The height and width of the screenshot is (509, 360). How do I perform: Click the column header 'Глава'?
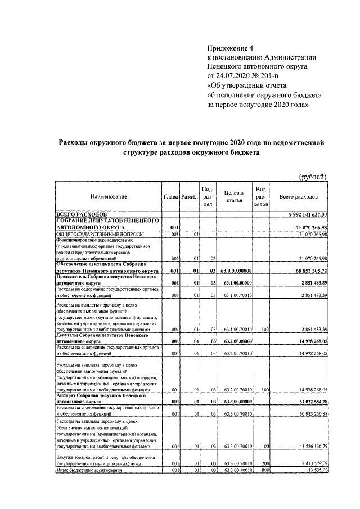[171, 197]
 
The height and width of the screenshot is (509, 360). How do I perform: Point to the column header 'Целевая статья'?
[233, 197]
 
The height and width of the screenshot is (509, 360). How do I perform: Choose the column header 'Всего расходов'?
[298, 197]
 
